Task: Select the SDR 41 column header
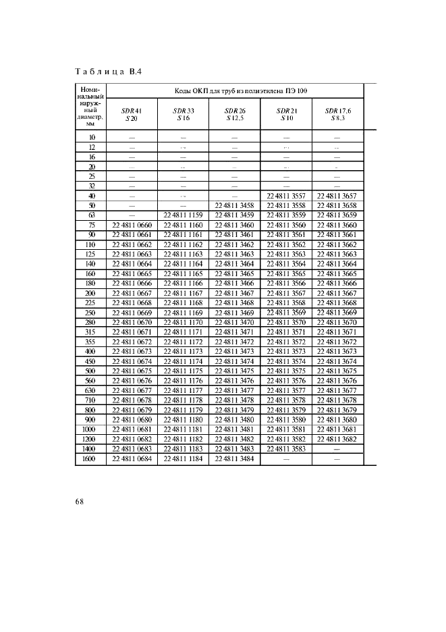(131, 114)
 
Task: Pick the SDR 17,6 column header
(337, 114)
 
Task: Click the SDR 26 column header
(234, 114)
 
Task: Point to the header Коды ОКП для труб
(234, 90)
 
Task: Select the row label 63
(91, 215)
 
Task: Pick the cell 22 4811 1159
(183, 215)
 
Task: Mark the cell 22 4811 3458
(234, 205)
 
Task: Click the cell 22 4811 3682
(337, 440)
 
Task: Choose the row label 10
(91, 136)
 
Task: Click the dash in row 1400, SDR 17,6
(337, 449)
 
